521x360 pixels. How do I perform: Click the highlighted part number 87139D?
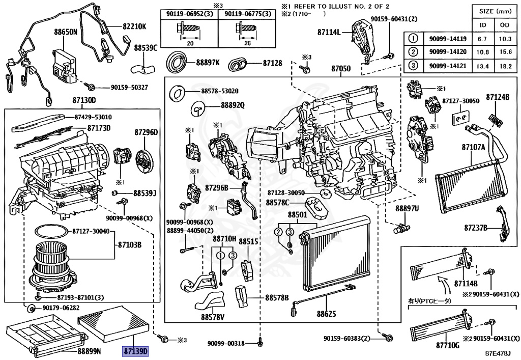pos(134,351)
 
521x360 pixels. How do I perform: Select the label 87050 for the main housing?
pos(341,68)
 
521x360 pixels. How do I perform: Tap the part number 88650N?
pos(66,32)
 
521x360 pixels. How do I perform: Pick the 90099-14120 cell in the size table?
pos(444,52)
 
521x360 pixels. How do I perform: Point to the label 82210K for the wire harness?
pos(134,26)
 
